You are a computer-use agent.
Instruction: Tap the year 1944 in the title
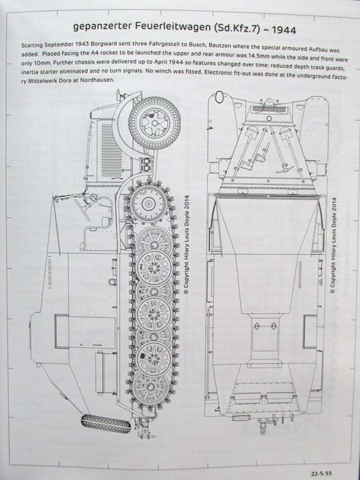pyautogui.click(x=284, y=31)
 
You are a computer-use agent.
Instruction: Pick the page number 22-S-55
pyautogui.click(x=322, y=474)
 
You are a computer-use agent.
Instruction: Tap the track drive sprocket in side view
pyautogui.click(x=149, y=203)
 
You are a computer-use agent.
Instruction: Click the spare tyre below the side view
pyautogui.click(x=106, y=423)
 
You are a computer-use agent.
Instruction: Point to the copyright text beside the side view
pyautogui.click(x=187, y=245)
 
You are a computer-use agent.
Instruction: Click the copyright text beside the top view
pyautogui.click(x=334, y=247)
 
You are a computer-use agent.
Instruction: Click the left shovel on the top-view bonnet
pyautogui.click(x=243, y=152)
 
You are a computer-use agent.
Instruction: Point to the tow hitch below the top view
pyautogui.click(x=263, y=428)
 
